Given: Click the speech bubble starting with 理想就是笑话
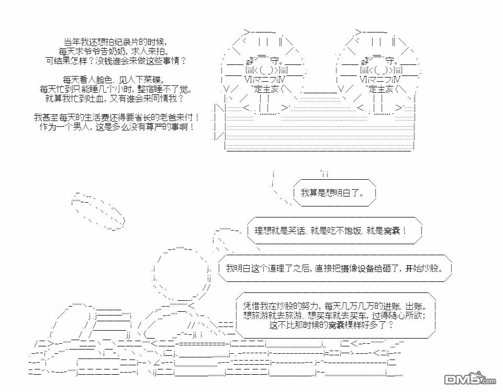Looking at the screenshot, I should (331, 231).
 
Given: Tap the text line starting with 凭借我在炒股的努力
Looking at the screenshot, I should (336, 306).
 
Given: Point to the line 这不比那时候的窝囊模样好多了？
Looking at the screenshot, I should (331, 325).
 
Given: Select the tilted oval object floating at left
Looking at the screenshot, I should (98, 212).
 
